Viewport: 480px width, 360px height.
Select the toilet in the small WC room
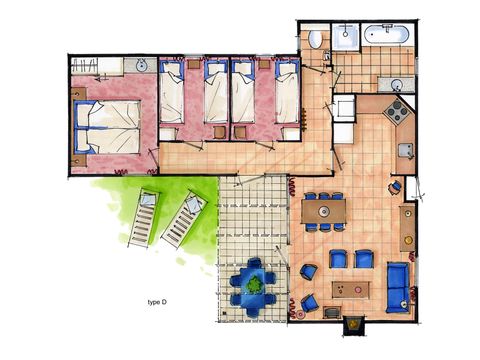coord(315,40)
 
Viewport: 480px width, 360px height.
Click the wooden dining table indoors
coord(324,211)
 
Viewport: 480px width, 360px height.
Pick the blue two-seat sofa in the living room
coord(397,285)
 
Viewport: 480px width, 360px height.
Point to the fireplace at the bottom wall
coord(352,324)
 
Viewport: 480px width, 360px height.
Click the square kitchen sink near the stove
coord(405,151)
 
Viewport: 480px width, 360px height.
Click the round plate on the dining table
coord(324,211)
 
